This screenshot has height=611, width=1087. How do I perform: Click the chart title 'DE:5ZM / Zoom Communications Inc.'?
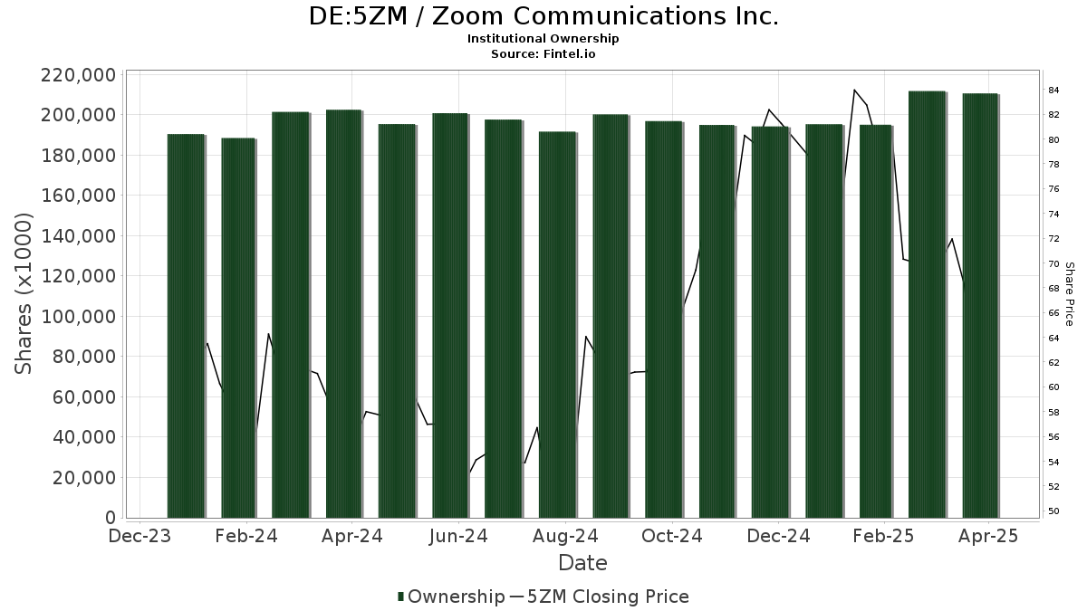tap(543, 16)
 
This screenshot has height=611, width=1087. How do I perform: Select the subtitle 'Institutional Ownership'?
tap(543, 39)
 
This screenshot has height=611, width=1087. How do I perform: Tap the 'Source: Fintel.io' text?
tap(543, 54)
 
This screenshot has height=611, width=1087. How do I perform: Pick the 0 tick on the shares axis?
tap(110, 518)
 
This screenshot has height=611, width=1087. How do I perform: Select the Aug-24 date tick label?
tap(565, 537)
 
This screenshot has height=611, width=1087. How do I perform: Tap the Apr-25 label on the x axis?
tap(989, 537)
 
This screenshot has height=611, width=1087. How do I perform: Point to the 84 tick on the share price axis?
tap(1053, 90)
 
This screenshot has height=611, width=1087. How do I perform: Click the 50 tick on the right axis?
tap(1053, 511)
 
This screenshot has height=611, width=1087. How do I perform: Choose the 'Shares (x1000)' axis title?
tap(24, 293)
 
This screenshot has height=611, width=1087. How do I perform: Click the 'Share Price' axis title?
tap(1069, 293)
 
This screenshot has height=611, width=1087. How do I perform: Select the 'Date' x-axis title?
tap(582, 563)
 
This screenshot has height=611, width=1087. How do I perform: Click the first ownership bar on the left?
tap(186, 326)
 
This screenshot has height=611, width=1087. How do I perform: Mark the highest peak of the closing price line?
tap(854, 90)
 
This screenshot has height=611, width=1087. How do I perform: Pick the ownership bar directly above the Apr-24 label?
tap(344, 313)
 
